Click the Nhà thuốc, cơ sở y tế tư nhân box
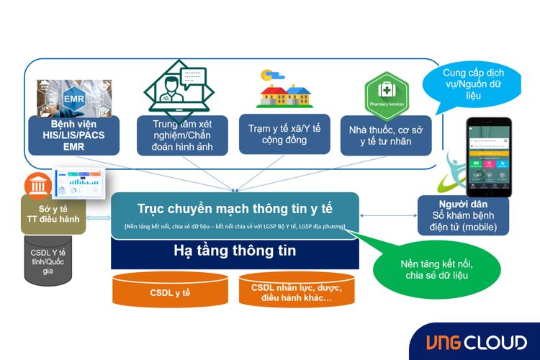tap(386, 135)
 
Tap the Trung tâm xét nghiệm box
tap(182, 134)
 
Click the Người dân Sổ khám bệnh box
tap(462, 215)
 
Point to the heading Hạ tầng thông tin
tap(235, 251)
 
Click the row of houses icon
tap(284, 91)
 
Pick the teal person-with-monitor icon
tap(182, 85)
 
